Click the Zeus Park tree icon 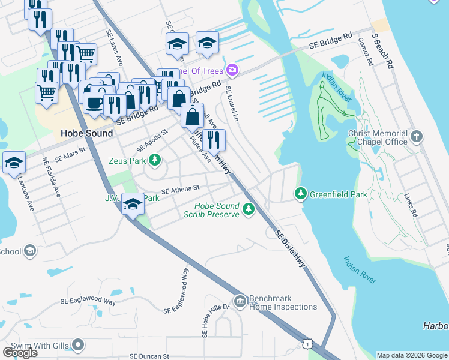click(x=155, y=160)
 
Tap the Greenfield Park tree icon click(x=301, y=194)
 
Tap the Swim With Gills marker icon click(x=78, y=344)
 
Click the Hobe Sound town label click(x=86, y=133)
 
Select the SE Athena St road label click(x=180, y=188)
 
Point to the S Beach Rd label click(x=382, y=50)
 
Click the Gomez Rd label click(x=364, y=53)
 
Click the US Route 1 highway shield click(x=307, y=343)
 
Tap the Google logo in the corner click(x=20, y=353)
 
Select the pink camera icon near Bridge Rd click(x=232, y=70)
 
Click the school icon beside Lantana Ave click(x=14, y=163)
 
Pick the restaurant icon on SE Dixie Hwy click(x=214, y=140)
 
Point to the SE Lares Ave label click(x=115, y=48)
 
